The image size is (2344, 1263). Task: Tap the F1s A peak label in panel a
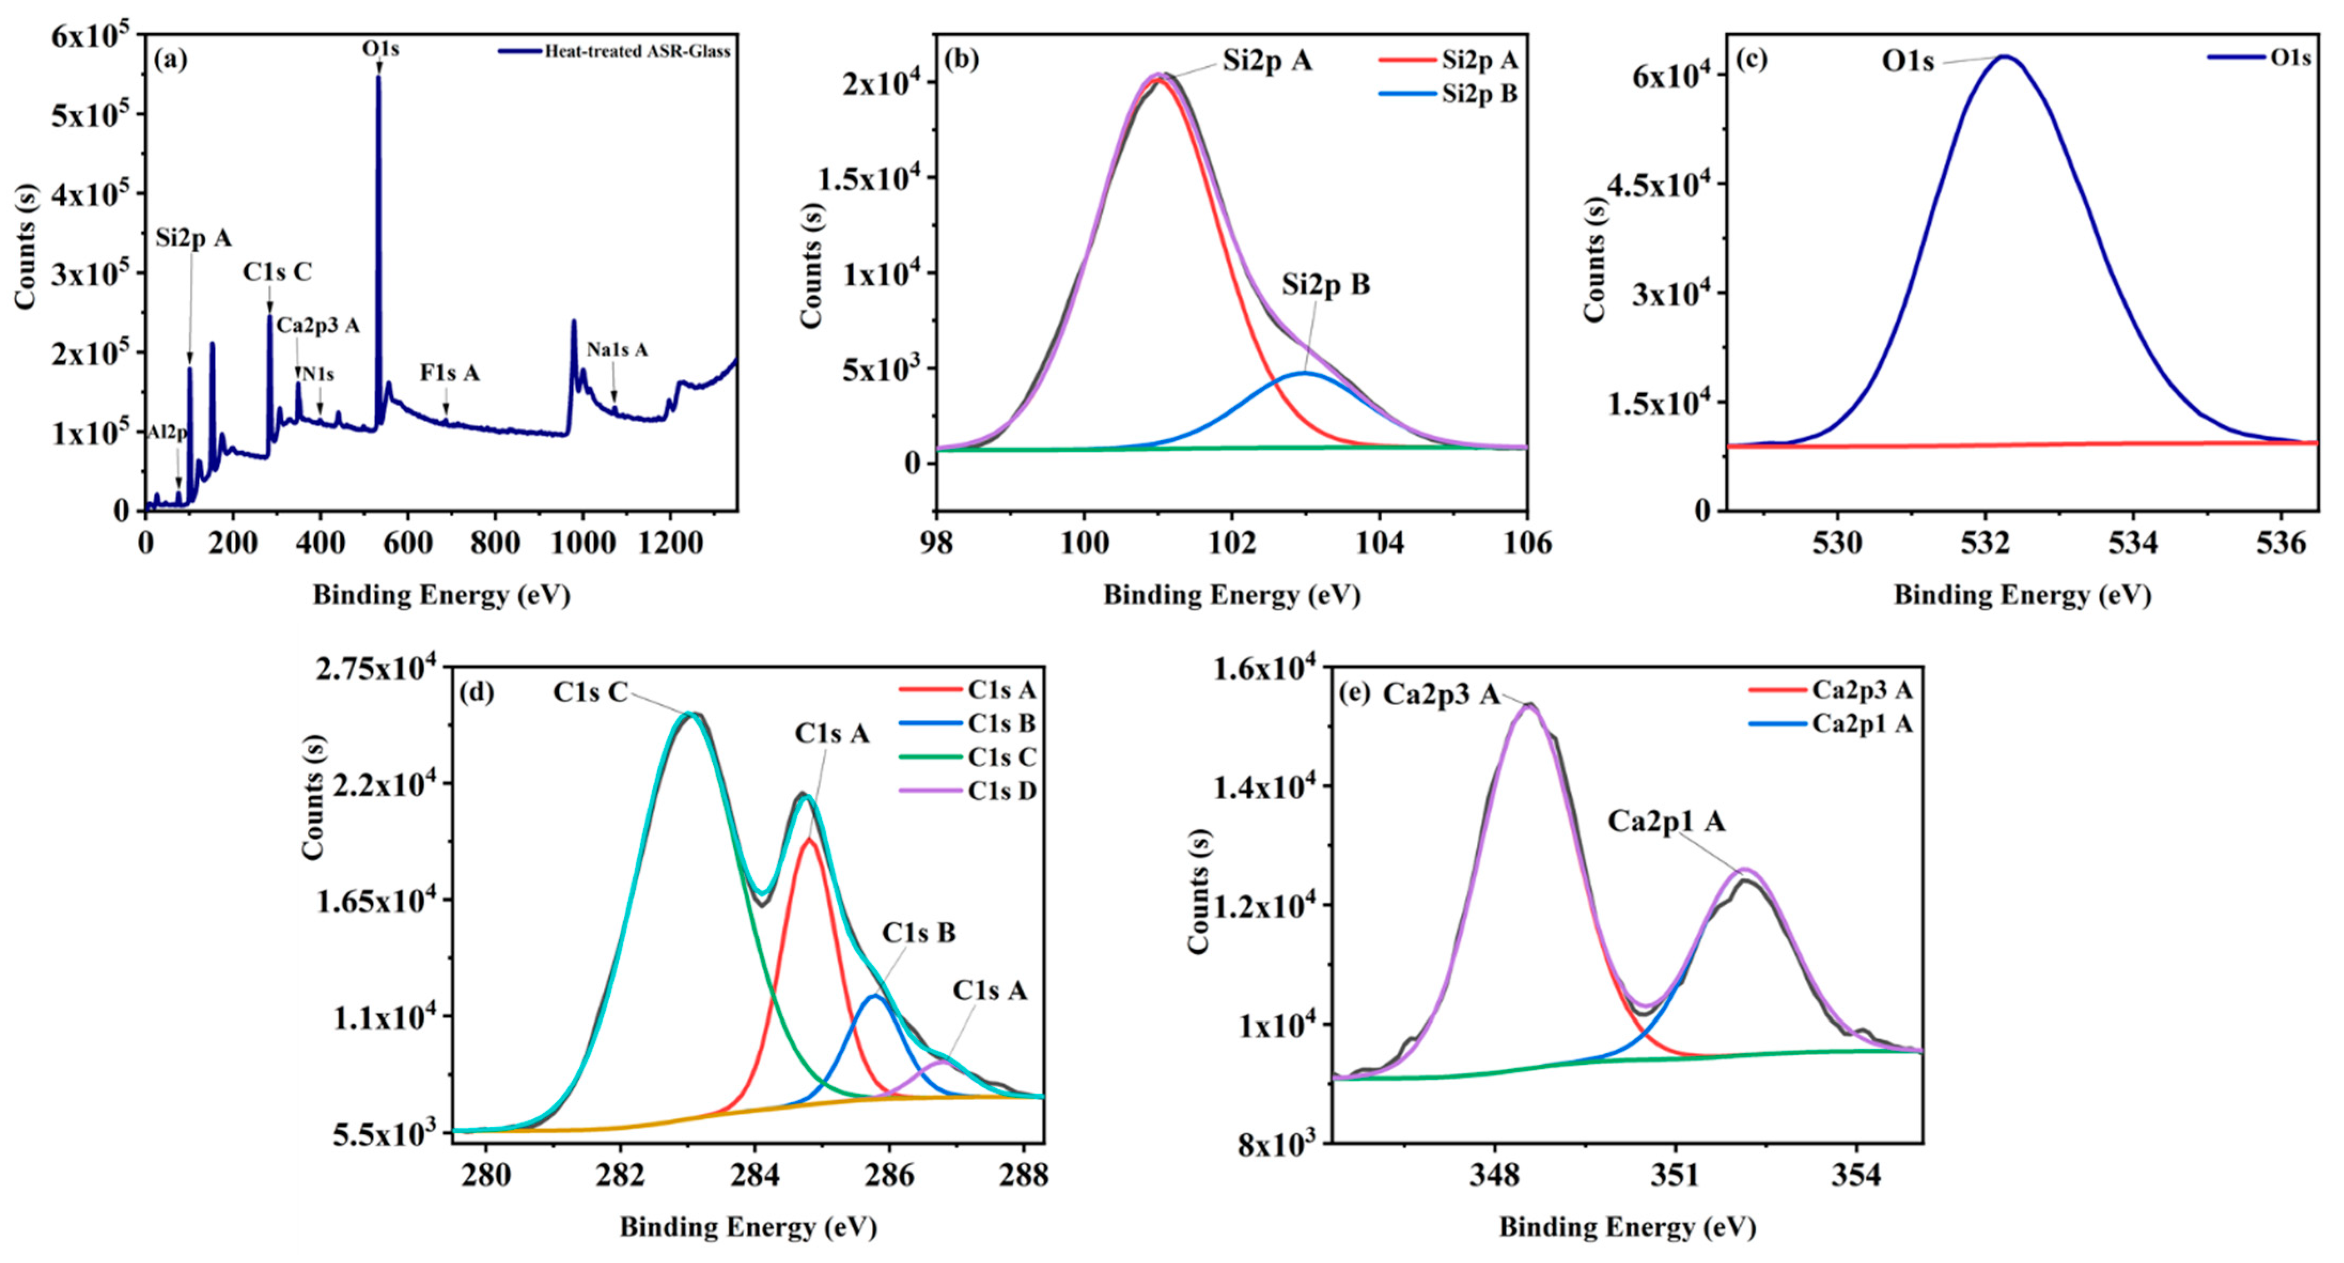coord(449,373)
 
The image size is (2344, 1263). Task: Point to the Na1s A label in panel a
coord(617,350)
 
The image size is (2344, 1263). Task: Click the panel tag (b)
coord(962,60)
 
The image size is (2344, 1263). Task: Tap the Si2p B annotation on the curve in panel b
coord(1325,285)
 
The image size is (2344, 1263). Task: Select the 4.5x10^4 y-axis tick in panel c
coord(1658,185)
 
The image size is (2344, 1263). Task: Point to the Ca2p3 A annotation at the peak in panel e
coord(1440,695)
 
